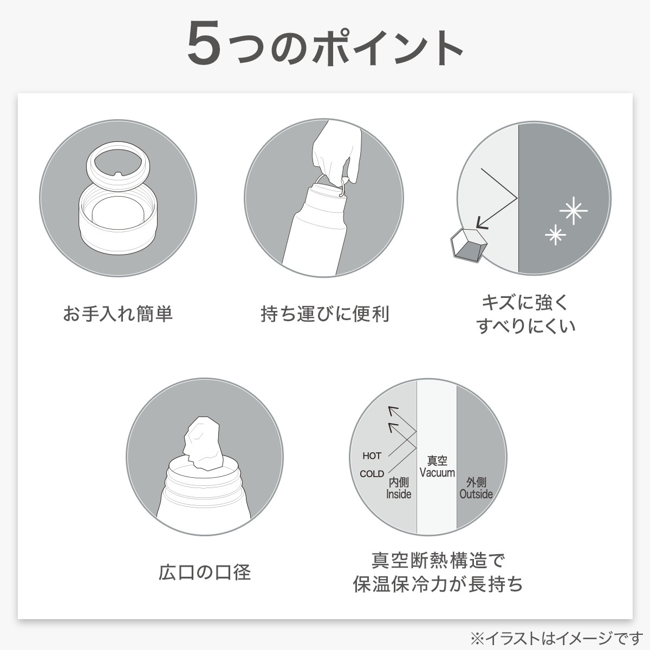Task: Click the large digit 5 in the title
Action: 205,43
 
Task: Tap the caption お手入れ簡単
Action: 118,314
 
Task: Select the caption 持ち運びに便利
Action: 325,314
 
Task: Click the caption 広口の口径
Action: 205,572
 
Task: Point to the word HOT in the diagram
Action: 372,456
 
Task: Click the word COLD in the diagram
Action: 372,474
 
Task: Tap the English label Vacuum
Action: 437,472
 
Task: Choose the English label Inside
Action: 399,494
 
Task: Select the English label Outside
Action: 476,494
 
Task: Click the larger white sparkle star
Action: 574,211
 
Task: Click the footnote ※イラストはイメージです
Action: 557,638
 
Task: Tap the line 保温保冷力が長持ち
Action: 438,584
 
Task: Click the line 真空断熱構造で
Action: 438,560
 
